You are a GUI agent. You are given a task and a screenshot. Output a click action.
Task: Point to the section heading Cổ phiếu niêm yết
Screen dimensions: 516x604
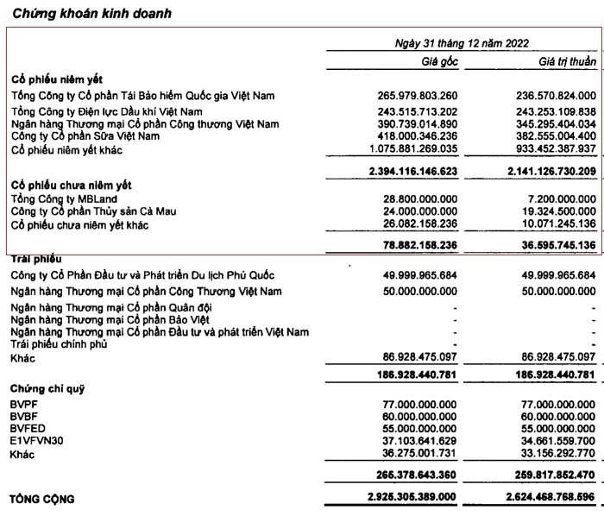click(x=56, y=79)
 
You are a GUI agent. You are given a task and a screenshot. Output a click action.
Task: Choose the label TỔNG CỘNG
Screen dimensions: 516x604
click(x=41, y=499)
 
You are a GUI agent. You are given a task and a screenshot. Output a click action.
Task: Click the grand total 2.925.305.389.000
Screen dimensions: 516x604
click(x=418, y=499)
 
